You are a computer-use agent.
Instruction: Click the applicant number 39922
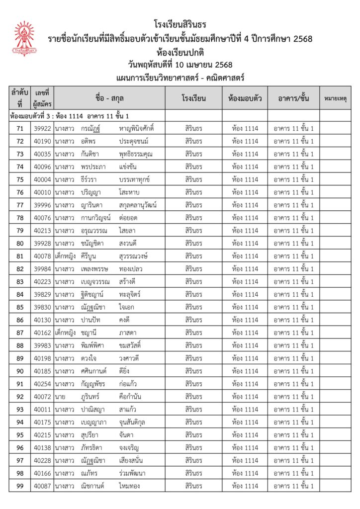(x=42, y=129)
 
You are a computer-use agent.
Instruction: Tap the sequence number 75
(x=20, y=179)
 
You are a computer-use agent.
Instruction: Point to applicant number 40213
(x=42, y=231)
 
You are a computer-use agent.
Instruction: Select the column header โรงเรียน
(x=193, y=98)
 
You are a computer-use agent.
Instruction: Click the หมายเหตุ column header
(x=335, y=98)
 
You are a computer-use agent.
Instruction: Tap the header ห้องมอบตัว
(x=245, y=98)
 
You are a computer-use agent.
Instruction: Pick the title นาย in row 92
(x=60, y=397)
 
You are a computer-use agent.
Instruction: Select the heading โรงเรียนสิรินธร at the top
(x=180, y=24)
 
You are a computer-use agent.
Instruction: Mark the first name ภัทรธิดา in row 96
(x=93, y=448)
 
